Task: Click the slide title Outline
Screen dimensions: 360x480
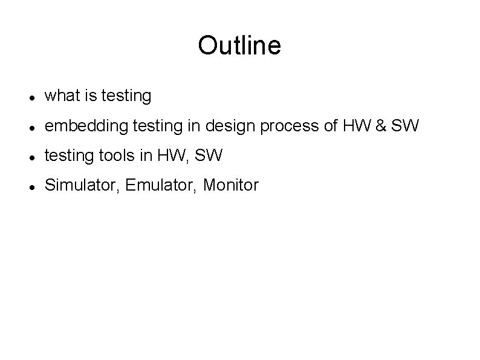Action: click(239, 45)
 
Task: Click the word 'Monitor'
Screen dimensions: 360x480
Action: click(231, 185)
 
